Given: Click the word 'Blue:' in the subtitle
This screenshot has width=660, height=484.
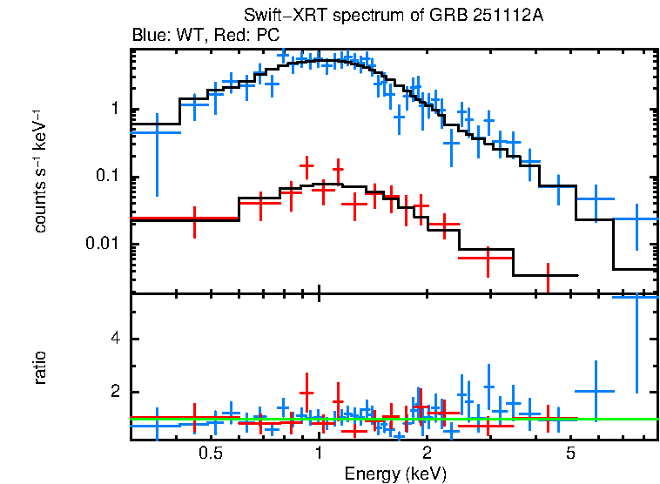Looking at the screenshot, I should click(x=149, y=36).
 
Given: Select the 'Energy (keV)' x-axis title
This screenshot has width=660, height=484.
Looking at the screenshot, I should click(x=395, y=474).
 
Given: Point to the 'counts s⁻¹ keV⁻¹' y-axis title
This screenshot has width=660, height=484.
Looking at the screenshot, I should click(x=40, y=170).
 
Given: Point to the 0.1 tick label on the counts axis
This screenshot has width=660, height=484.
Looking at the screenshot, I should click(x=107, y=177).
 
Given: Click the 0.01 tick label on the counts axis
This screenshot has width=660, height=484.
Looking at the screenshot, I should click(x=103, y=244).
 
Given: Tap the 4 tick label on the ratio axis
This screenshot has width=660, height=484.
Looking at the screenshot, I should click(x=113, y=339).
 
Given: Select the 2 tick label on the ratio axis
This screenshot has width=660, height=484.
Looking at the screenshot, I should click(x=113, y=392).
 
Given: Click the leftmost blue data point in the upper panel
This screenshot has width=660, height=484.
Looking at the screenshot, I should click(x=157, y=131).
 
